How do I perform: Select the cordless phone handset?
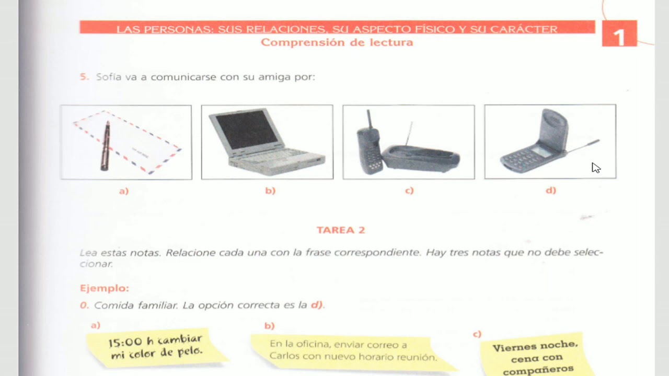368,146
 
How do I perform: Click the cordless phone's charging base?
421,158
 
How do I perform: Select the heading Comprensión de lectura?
337,43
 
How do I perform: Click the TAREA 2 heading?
340,230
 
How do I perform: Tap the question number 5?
84,77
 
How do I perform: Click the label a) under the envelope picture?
124,191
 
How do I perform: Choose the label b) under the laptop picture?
270,191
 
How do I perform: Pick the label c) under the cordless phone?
409,191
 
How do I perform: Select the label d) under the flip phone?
551,191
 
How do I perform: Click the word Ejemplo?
104,288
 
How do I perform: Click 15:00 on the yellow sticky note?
125,343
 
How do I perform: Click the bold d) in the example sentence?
317,305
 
